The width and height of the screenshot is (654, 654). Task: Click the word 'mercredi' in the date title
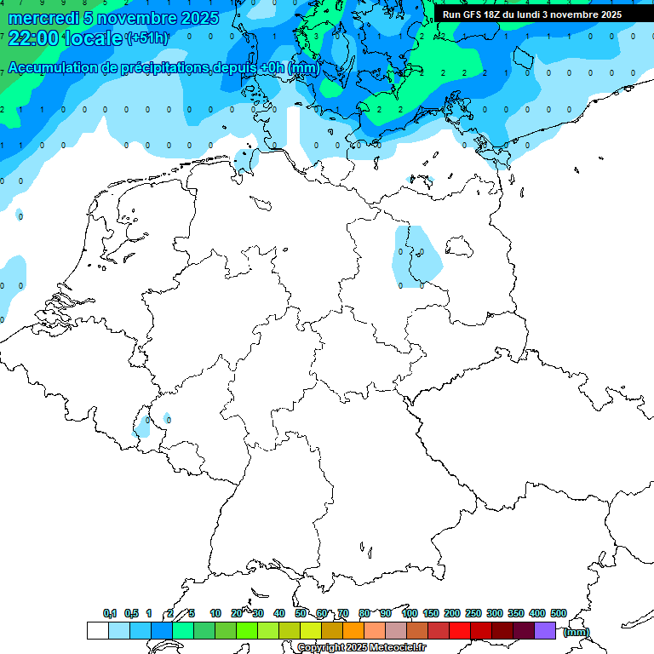point(43,18)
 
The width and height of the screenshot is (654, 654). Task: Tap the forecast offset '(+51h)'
point(146,38)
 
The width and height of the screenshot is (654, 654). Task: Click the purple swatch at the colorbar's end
point(545,630)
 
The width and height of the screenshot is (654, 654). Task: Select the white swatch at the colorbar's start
point(98,630)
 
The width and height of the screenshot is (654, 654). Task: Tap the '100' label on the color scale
point(409,613)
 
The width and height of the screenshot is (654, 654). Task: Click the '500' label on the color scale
point(558,613)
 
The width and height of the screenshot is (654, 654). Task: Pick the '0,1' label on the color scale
point(110,613)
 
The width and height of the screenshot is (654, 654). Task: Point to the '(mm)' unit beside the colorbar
point(576,631)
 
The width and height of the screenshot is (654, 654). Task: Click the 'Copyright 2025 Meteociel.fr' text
point(362,647)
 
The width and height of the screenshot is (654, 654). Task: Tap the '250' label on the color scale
point(473,613)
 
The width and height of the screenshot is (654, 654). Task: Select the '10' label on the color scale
point(215,613)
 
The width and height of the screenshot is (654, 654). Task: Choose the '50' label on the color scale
point(301,613)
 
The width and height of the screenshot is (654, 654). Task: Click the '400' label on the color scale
point(536,613)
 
